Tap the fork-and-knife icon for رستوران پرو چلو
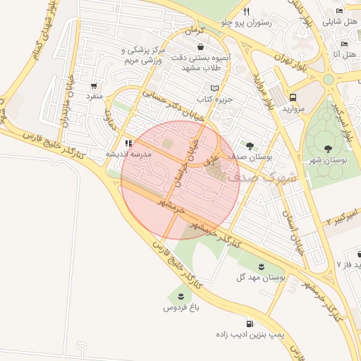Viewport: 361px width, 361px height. click(x=246, y=12)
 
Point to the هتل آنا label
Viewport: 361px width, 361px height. click(x=344, y=54)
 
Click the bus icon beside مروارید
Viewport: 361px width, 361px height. click(x=293, y=98)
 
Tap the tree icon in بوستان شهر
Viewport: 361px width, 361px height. click(x=329, y=149)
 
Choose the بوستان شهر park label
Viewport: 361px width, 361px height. click(x=329, y=161)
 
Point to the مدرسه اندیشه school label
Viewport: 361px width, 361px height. click(x=127, y=153)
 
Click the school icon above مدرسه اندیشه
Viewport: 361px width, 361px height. click(x=128, y=142)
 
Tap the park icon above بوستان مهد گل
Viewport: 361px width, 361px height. click(x=262, y=266)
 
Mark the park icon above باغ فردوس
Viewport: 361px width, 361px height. click(x=181, y=295)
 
